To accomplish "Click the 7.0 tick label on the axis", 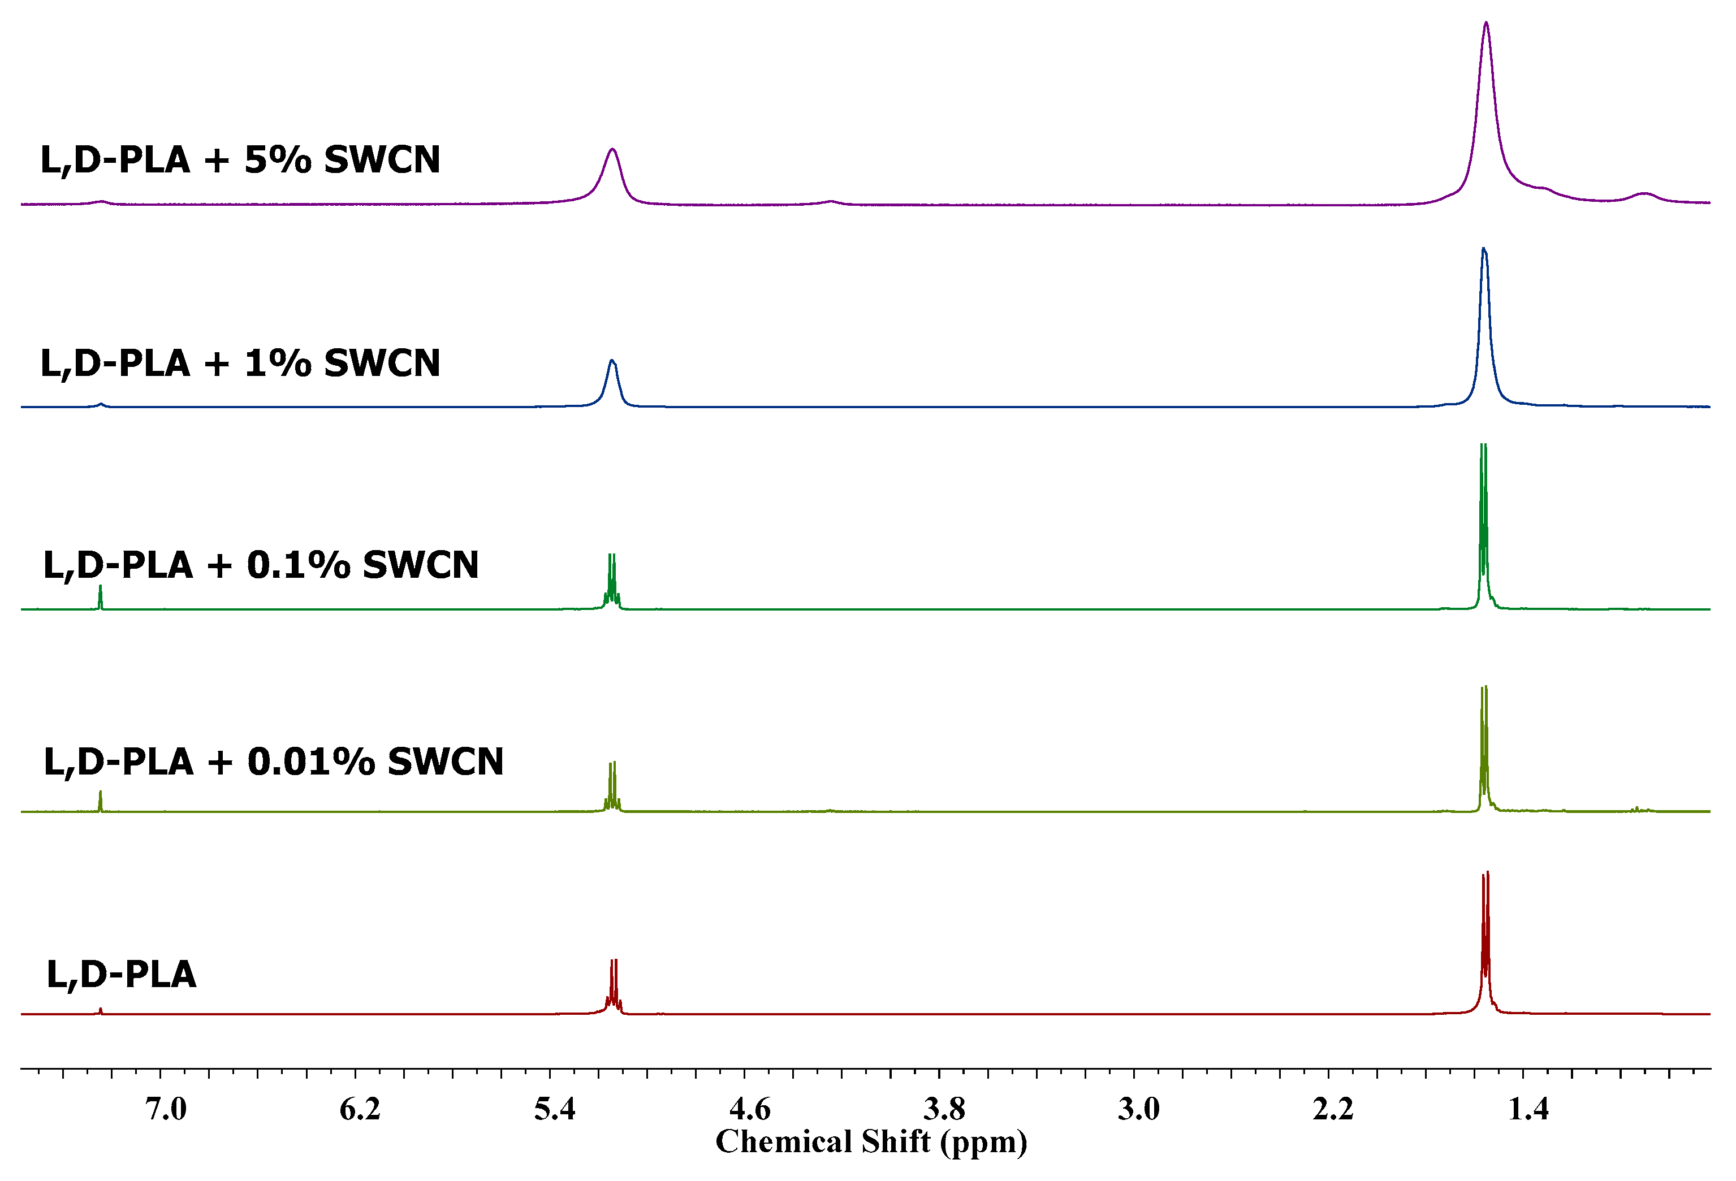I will pyautogui.click(x=166, y=1109).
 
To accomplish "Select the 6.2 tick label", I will pyautogui.click(x=360, y=1109).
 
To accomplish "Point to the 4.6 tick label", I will pyautogui.click(x=749, y=1109).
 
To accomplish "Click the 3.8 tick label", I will pyautogui.click(x=944, y=1109).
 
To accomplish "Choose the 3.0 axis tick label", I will pyautogui.click(x=1138, y=1109).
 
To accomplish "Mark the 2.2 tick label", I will pyautogui.click(x=1333, y=1109).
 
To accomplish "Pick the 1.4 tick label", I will pyautogui.click(x=1527, y=1109).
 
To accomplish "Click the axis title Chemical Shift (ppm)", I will pyautogui.click(x=871, y=1141).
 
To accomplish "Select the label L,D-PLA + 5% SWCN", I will pyautogui.click(x=240, y=160).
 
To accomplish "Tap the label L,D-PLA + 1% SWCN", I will pyautogui.click(x=240, y=363).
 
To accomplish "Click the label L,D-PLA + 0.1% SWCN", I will pyautogui.click(x=261, y=565).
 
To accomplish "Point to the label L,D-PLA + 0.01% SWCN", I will pyautogui.click(x=273, y=762).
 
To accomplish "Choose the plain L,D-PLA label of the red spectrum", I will pyautogui.click(x=121, y=974).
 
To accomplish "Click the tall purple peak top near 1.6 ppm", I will pyautogui.click(x=1485, y=24).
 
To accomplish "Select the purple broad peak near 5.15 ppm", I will pyautogui.click(x=612, y=150).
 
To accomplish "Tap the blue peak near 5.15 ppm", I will pyautogui.click(x=612, y=362).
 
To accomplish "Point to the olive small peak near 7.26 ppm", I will pyautogui.click(x=100, y=800).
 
